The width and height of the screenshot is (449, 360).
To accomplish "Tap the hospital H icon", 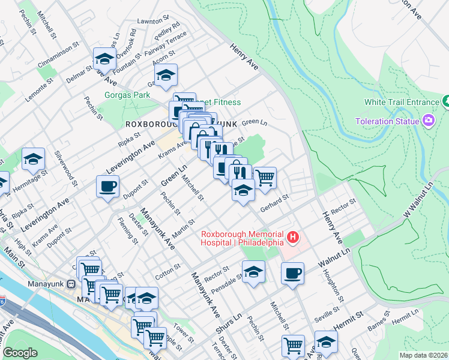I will [x=293, y=238].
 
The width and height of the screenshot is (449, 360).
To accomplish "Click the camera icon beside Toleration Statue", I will [x=429, y=121].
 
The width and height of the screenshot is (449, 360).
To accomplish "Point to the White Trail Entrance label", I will [x=402, y=103].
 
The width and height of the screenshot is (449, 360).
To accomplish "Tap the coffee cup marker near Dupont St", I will [x=108, y=186].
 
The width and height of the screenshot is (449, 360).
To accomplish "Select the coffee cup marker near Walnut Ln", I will [x=292, y=273].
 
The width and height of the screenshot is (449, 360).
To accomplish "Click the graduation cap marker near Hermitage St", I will [x=34, y=159].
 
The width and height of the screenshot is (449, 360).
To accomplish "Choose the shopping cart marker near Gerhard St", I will [x=265, y=178].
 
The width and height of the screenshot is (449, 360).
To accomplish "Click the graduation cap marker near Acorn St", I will [x=166, y=75].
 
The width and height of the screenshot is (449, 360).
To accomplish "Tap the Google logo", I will [x=20, y=353].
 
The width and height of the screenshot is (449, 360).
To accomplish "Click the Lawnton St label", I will [x=150, y=21].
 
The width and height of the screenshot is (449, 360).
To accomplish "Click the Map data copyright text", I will [x=423, y=355].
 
